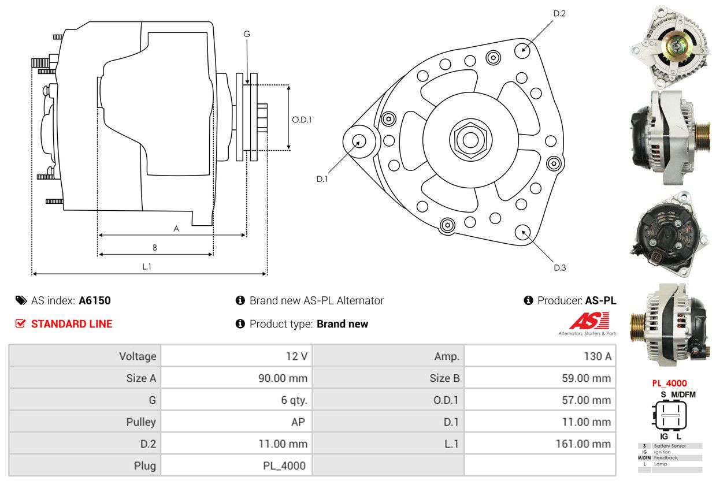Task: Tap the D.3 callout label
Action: pyautogui.click(x=559, y=267)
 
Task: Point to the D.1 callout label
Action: pyautogui.click(x=322, y=179)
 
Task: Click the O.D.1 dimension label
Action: pyautogui.click(x=302, y=120)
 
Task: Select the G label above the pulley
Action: pyautogui.click(x=247, y=34)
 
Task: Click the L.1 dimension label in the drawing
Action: pyautogui.click(x=147, y=266)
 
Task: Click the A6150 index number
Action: pyautogui.click(x=95, y=300)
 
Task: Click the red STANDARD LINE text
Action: pyautogui.click(x=72, y=324)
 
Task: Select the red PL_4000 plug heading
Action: pyautogui.click(x=669, y=383)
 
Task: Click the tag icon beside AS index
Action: pyautogui.click(x=21, y=300)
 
